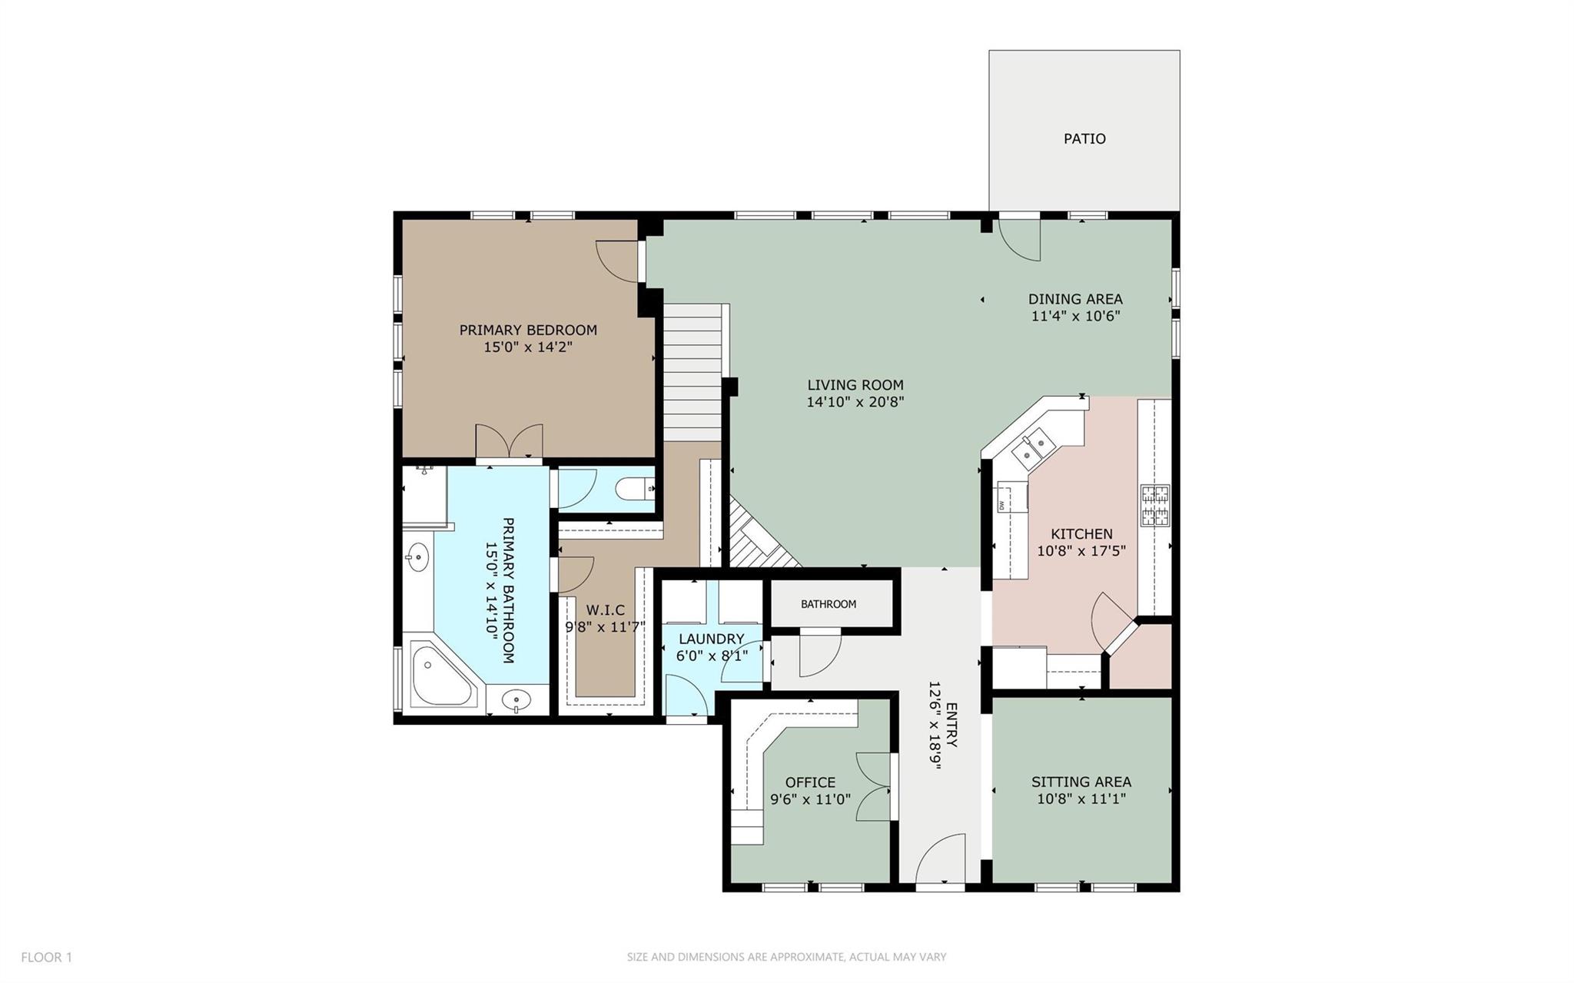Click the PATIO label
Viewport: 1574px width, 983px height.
(1084, 139)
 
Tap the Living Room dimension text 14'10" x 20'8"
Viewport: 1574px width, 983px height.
(855, 402)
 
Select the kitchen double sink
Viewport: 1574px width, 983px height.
(1032, 449)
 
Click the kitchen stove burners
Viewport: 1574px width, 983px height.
(1154, 506)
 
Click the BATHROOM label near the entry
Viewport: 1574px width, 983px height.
(828, 604)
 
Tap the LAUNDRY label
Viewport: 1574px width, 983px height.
(711, 639)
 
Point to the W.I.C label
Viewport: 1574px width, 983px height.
(605, 610)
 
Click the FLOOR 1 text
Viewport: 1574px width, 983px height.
(46, 957)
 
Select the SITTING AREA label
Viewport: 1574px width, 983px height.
(1081, 782)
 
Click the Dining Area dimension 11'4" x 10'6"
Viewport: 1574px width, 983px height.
(1075, 316)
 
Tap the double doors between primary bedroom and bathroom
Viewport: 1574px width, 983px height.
(509, 443)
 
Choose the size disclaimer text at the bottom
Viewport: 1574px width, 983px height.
(786, 957)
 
